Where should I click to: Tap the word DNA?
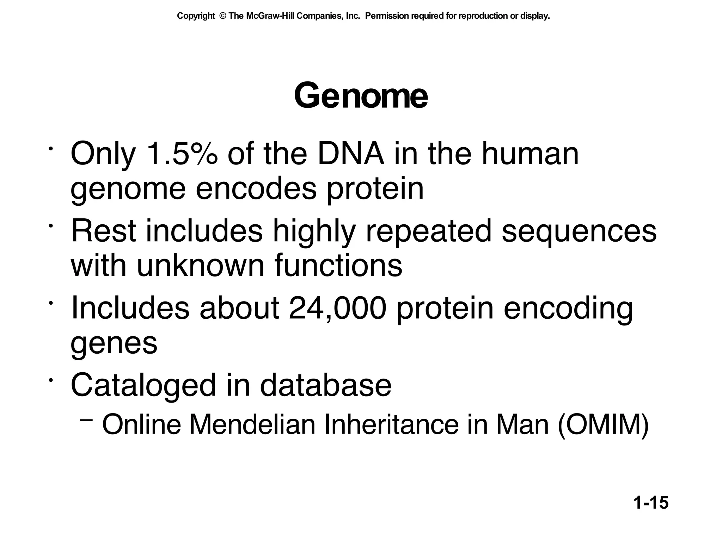(351, 154)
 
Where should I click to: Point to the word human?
(530, 154)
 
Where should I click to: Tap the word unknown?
(200, 265)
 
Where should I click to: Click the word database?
(325, 385)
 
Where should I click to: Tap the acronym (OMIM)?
(603, 425)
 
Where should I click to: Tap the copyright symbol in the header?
(222, 16)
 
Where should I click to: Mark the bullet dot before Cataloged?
(51, 380)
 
